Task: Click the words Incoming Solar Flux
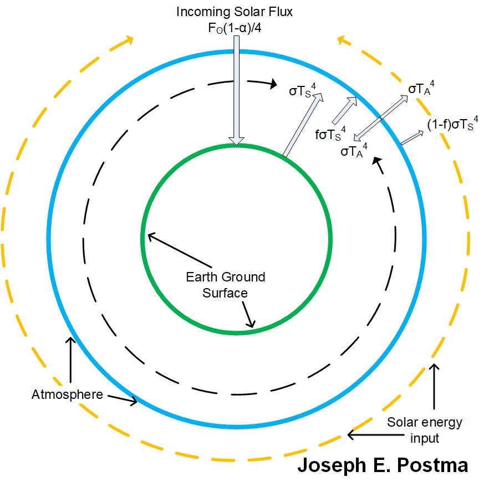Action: (x=235, y=11)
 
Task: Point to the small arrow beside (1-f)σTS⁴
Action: (x=411, y=138)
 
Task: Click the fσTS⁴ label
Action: (x=331, y=134)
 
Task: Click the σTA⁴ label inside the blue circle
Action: (x=353, y=150)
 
